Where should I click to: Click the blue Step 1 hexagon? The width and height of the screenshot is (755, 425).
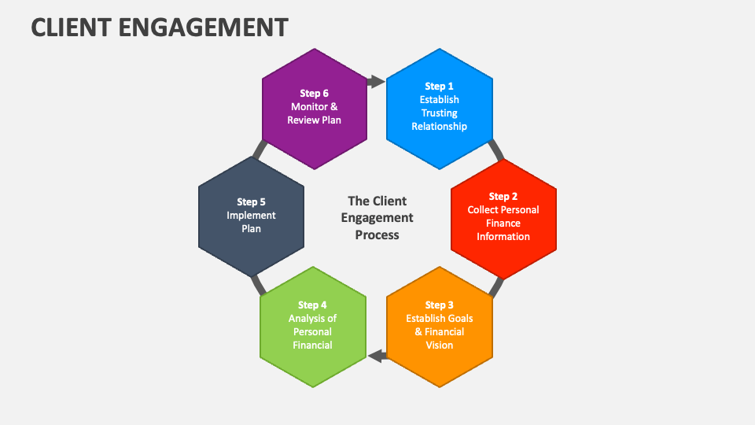pyautogui.click(x=440, y=108)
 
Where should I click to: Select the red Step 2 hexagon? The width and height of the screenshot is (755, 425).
pyautogui.click(x=503, y=218)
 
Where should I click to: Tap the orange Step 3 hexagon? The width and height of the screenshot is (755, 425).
pyautogui.click(x=440, y=327)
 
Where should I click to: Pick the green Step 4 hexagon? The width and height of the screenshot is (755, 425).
pyautogui.click(x=313, y=327)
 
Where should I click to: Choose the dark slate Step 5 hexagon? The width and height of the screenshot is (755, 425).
pyautogui.click(x=251, y=216)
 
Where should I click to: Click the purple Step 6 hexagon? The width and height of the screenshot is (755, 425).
pyautogui.click(x=315, y=108)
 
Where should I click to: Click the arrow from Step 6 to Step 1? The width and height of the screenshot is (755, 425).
pyautogui.click(x=376, y=81)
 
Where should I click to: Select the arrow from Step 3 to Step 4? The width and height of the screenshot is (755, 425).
pyautogui.click(x=378, y=356)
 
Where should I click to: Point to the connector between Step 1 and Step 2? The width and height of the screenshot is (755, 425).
pyautogui.click(x=495, y=150)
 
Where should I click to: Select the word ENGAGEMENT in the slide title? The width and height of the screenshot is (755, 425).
pyautogui.click(x=204, y=28)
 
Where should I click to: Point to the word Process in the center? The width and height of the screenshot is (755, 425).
pyautogui.click(x=377, y=235)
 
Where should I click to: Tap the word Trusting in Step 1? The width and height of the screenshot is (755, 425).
pyautogui.click(x=440, y=113)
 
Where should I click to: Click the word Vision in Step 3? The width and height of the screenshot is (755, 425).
pyautogui.click(x=440, y=345)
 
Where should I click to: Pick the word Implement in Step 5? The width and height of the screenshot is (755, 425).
pyautogui.click(x=251, y=216)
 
